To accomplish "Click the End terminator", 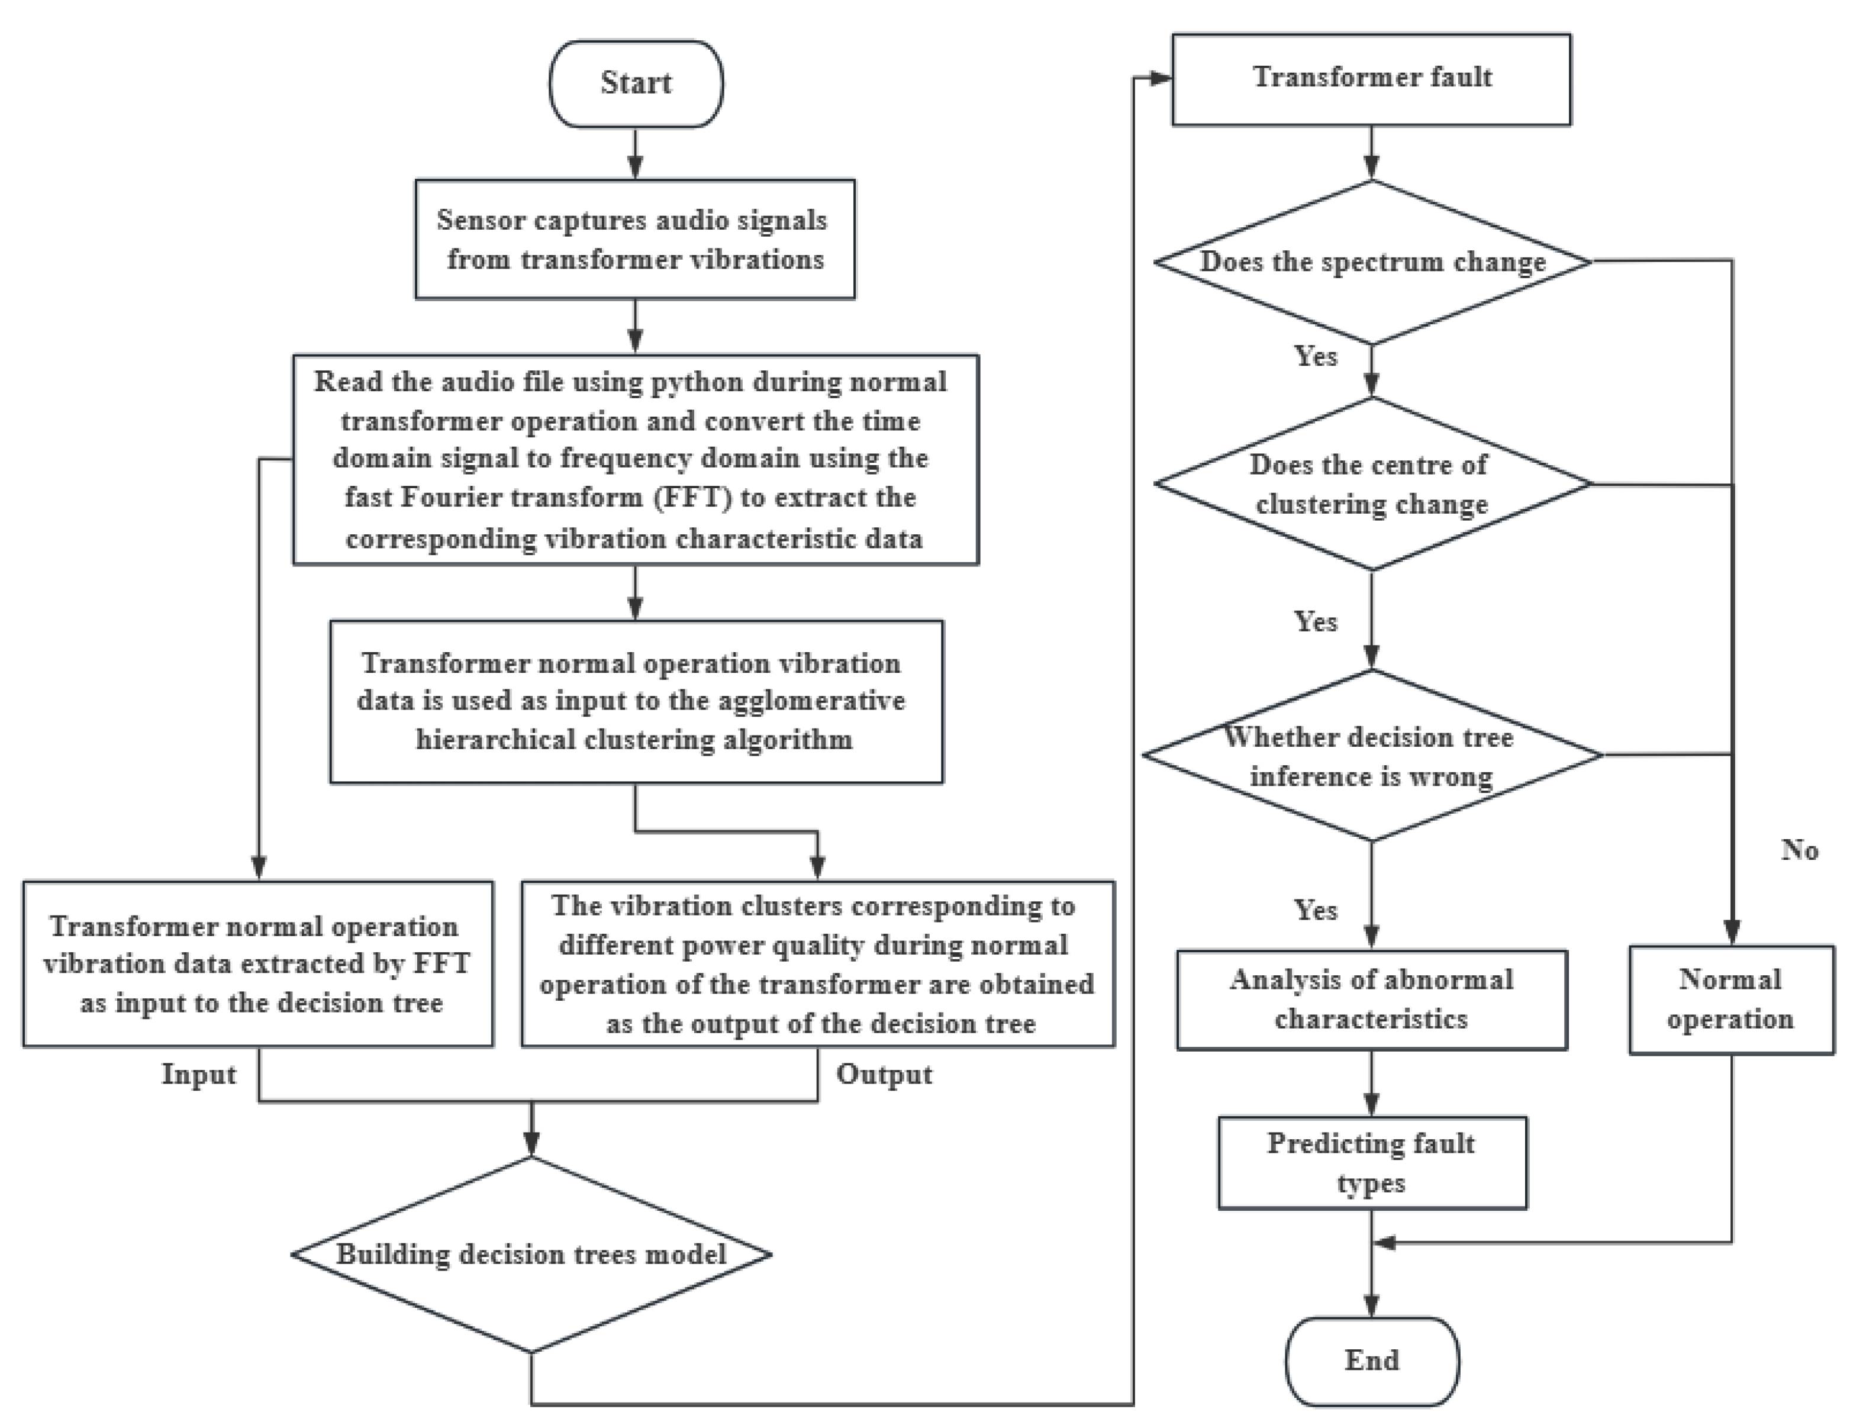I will pyautogui.click(x=1371, y=1360).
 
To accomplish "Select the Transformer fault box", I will pyautogui.click(x=1371, y=79).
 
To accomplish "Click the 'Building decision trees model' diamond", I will pyautogui.click(x=531, y=1255).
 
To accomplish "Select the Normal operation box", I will pyautogui.click(x=1730, y=1000).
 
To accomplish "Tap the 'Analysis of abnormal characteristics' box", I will pyautogui.click(x=1371, y=1000).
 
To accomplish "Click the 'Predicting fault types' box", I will pyautogui.click(x=1371, y=1162).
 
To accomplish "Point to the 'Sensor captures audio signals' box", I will pyautogui.click(x=634, y=239).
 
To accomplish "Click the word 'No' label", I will pyautogui.click(x=1799, y=850).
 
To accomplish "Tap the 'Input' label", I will pyautogui.click(x=199, y=1074).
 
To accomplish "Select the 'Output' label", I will pyautogui.click(x=884, y=1074).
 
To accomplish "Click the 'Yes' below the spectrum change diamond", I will pyautogui.click(x=1316, y=356).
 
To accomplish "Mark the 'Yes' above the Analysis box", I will pyautogui.click(x=1316, y=910).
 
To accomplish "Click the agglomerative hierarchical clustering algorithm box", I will pyautogui.click(x=635, y=701).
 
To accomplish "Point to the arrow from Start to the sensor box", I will pyautogui.click(x=635, y=154).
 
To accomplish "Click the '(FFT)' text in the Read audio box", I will pyautogui.click(x=692, y=497).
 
